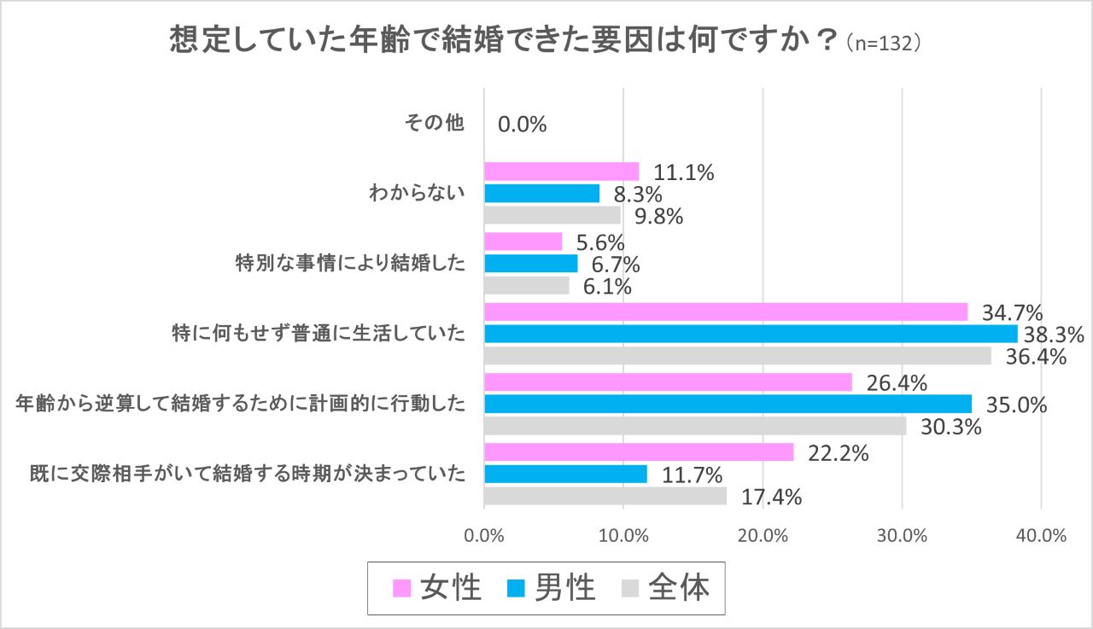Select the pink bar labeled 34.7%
pos(726,312)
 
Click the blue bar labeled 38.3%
pos(751,333)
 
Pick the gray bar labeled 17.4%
pos(605,496)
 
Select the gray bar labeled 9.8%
pos(552,215)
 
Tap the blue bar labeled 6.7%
pos(530,263)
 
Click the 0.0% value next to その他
pos(522,125)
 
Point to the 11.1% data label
pos(683,172)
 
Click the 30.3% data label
pos(950,426)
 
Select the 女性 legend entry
pos(437,587)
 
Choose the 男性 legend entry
pos(551,587)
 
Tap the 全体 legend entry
pos(665,587)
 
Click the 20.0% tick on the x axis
pos(763,536)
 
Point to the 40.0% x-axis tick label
pos(1041,536)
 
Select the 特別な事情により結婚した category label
pos(350,263)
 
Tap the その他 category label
pos(434,124)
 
